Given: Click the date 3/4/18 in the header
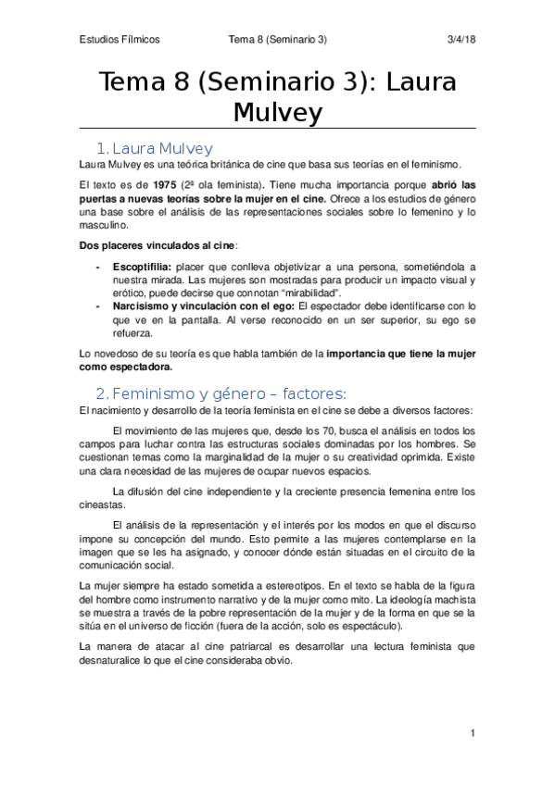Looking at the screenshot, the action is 460,40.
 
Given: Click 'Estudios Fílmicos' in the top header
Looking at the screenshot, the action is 120,40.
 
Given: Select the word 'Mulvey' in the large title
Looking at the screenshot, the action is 278,113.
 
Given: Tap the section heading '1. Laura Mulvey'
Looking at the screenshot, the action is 155,148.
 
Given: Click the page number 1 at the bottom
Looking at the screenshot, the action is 473,734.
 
